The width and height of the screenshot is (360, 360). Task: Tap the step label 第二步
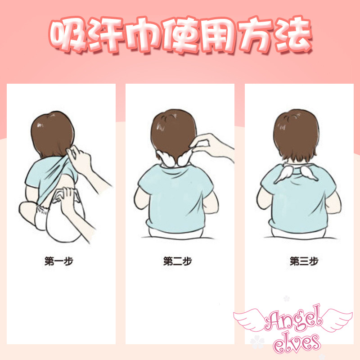point(177,261)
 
